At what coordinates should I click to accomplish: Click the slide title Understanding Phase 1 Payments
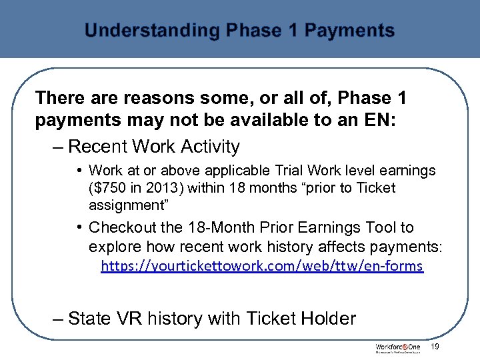(239, 31)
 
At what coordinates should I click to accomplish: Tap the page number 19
(435, 347)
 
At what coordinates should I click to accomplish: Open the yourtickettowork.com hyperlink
(261, 266)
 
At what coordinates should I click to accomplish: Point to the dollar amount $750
(107, 188)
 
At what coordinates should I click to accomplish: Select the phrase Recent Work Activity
(154, 146)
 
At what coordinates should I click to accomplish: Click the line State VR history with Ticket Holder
(212, 319)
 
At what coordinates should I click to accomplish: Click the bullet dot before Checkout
(79, 228)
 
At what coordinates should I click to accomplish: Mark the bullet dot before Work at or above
(79, 171)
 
